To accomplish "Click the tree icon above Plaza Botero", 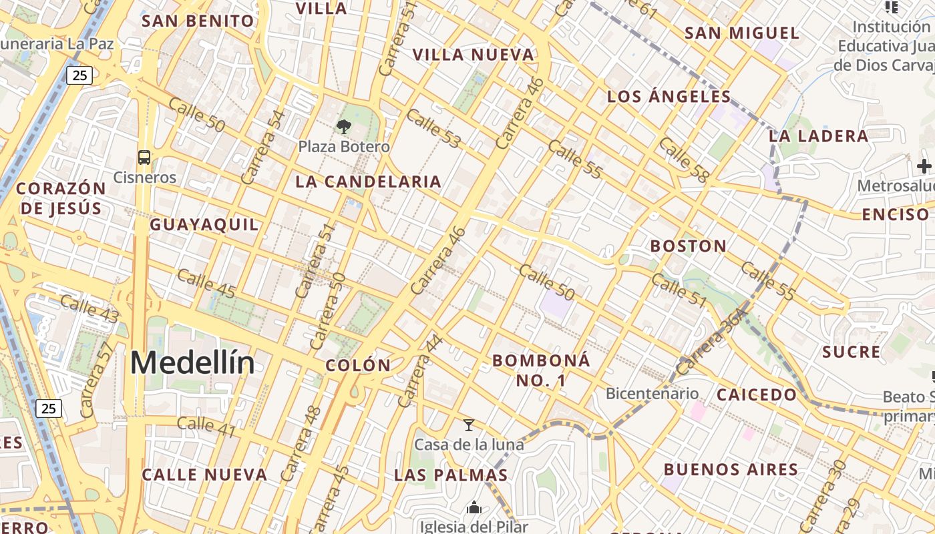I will coord(344,125).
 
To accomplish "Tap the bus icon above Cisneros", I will coord(144,158).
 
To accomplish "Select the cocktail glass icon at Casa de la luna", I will coord(469,425).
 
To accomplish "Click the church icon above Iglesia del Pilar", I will coord(474,508).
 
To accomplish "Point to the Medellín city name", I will coord(192,363).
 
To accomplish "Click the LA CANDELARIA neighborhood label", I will coord(368,182).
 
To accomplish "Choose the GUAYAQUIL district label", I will coord(204,225).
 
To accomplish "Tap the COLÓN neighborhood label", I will coord(358,365).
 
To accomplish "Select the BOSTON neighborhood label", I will coord(689,246).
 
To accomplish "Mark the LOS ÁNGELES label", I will coord(669,97).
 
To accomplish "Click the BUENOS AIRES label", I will coord(731,470).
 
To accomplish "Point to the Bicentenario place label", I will coord(652,394).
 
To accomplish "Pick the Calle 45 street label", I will coord(207,283).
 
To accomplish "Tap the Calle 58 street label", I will coord(683,160).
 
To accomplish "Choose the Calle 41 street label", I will coord(206,427).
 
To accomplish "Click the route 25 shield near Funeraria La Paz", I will coord(79,75).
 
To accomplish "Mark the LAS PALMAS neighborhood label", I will coord(451,475).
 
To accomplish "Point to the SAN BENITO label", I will coord(198,21).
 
